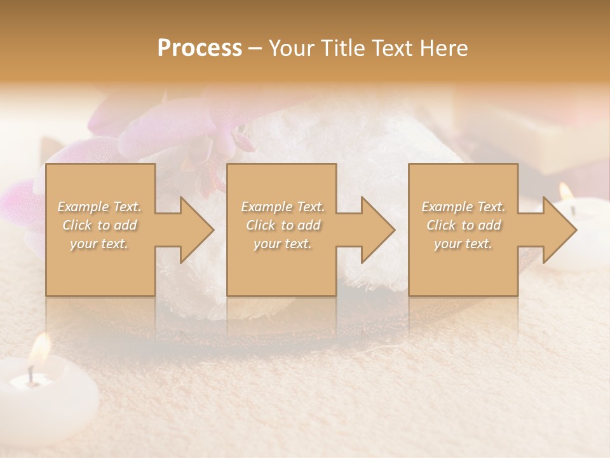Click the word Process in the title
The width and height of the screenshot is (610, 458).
[200, 48]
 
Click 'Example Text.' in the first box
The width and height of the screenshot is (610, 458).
[100, 207]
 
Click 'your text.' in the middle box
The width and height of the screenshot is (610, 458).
[283, 244]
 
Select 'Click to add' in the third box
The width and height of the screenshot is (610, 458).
[463, 225]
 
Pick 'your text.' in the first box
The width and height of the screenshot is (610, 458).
[99, 244]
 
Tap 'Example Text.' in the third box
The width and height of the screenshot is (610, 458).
[463, 207]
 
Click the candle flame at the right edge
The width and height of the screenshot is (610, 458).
[566, 191]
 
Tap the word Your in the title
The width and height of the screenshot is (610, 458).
[292, 48]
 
